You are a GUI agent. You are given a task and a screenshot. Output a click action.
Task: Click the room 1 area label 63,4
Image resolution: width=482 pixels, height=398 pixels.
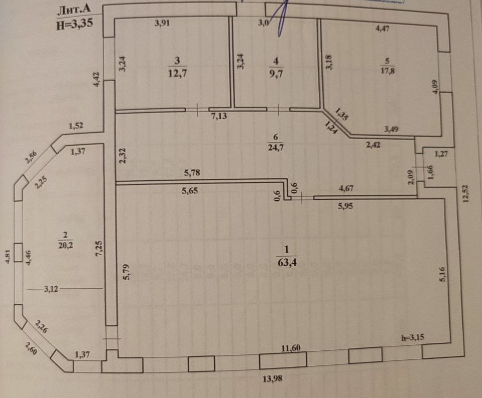click(x=286, y=261)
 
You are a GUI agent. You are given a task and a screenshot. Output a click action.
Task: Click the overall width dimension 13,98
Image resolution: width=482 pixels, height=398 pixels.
click(x=272, y=378)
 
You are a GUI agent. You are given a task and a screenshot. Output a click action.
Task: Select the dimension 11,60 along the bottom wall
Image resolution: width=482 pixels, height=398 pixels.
click(x=294, y=348)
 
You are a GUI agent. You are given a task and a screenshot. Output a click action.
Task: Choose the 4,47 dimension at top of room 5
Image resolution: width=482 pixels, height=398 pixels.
click(x=383, y=29)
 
